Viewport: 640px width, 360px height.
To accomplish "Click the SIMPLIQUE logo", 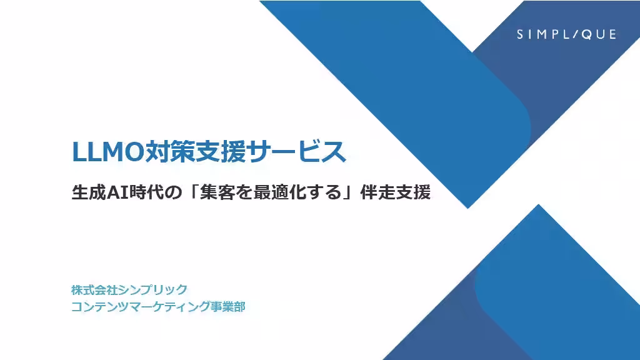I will point(566,34).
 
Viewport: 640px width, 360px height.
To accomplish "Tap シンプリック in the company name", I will point(157,290).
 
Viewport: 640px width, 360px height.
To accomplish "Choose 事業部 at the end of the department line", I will point(226,307).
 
